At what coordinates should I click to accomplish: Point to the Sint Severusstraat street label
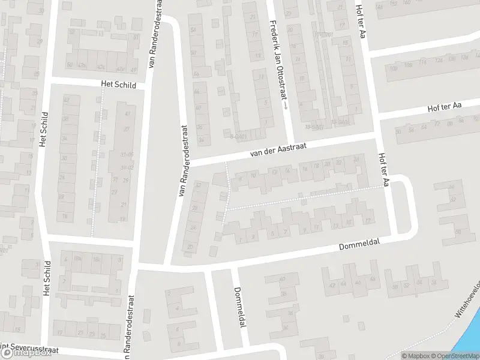click(24, 347)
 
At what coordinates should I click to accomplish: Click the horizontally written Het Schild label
click(119, 85)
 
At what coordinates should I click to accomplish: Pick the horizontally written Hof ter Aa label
click(445, 106)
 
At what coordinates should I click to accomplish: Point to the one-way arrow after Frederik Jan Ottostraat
click(286, 104)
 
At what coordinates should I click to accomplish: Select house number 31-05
click(126, 154)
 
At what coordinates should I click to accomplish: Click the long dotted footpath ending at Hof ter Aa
click(306, 197)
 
